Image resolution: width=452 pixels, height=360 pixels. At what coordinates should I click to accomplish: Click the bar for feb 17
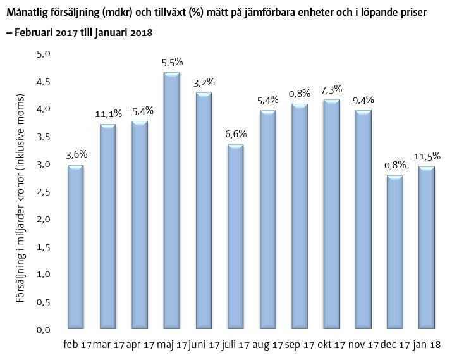(75, 247)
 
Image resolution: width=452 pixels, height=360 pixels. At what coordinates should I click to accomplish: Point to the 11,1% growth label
(108, 114)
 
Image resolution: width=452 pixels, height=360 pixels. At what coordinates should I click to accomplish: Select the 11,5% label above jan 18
(427, 156)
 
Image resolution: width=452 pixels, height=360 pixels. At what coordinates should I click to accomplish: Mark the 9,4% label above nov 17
(363, 100)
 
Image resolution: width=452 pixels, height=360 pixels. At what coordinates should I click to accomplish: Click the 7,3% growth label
(332, 89)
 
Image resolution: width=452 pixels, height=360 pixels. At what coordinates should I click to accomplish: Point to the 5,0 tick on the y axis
(43, 54)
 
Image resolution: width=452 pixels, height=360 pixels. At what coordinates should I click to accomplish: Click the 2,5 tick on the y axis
(43, 192)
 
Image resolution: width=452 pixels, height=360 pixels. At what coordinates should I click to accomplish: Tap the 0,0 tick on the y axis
(43, 330)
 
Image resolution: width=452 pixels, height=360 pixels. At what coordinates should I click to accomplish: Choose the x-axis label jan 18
(428, 345)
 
